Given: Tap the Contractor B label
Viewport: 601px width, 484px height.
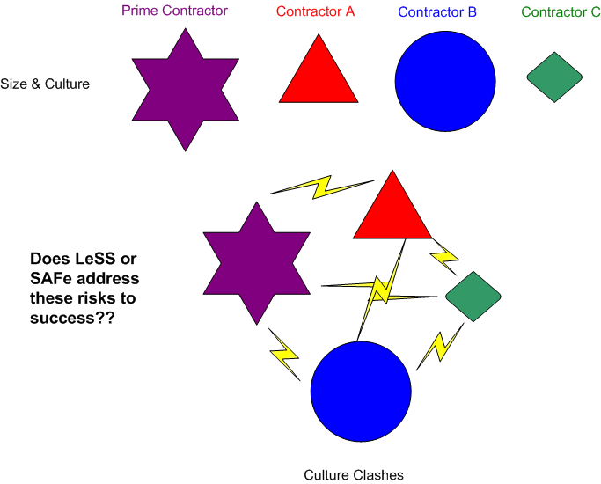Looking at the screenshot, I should (x=437, y=12).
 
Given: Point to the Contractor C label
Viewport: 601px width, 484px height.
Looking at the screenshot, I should (x=561, y=12).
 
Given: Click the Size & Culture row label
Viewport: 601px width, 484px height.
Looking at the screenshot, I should (x=46, y=84).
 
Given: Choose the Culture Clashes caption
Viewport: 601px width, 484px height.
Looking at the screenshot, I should (x=354, y=475).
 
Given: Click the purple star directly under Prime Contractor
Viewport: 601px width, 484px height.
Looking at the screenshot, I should (x=186, y=89).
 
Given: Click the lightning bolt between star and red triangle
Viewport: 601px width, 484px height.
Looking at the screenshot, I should (x=320, y=187).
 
